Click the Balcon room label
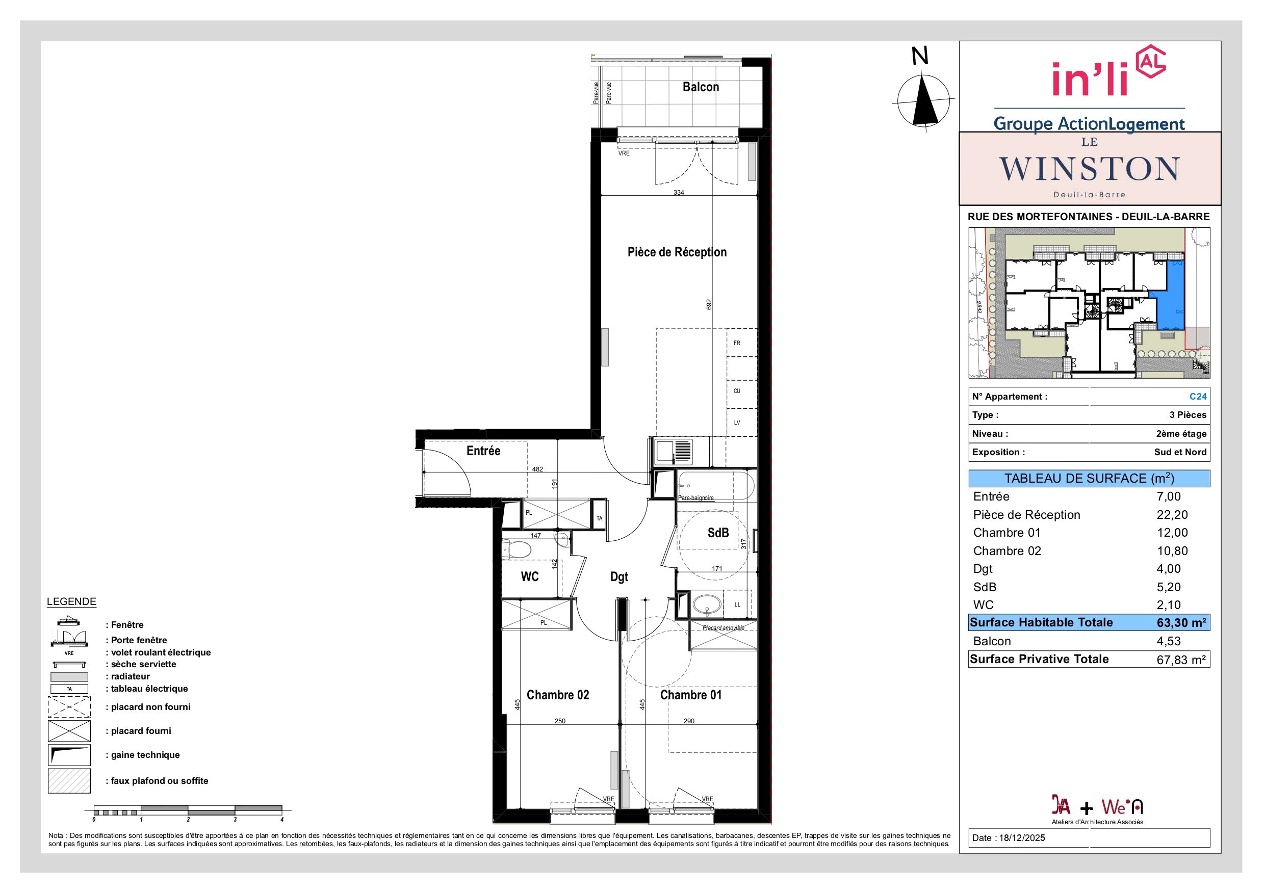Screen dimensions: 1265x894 click(700, 87)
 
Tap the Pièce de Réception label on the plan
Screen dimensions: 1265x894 click(677, 252)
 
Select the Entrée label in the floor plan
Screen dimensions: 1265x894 click(483, 451)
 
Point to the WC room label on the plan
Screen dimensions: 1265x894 click(529, 577)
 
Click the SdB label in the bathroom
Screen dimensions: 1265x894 click(718, 533)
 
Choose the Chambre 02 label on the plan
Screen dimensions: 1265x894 click(558, 695)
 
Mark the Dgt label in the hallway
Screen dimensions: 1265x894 click(618, 577)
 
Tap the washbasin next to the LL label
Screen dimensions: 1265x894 click(706, 605)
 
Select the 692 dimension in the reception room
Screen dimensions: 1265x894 click(710, 305)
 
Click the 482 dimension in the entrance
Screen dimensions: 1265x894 click(537, 469)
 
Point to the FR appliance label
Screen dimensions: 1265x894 click(737, 343)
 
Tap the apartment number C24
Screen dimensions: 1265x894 click(1198, 397)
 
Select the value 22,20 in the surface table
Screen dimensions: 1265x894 click(1172, 514)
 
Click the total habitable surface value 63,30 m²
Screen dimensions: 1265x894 click(1182, 623)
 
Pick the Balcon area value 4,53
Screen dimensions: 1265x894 click(1169, 641)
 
